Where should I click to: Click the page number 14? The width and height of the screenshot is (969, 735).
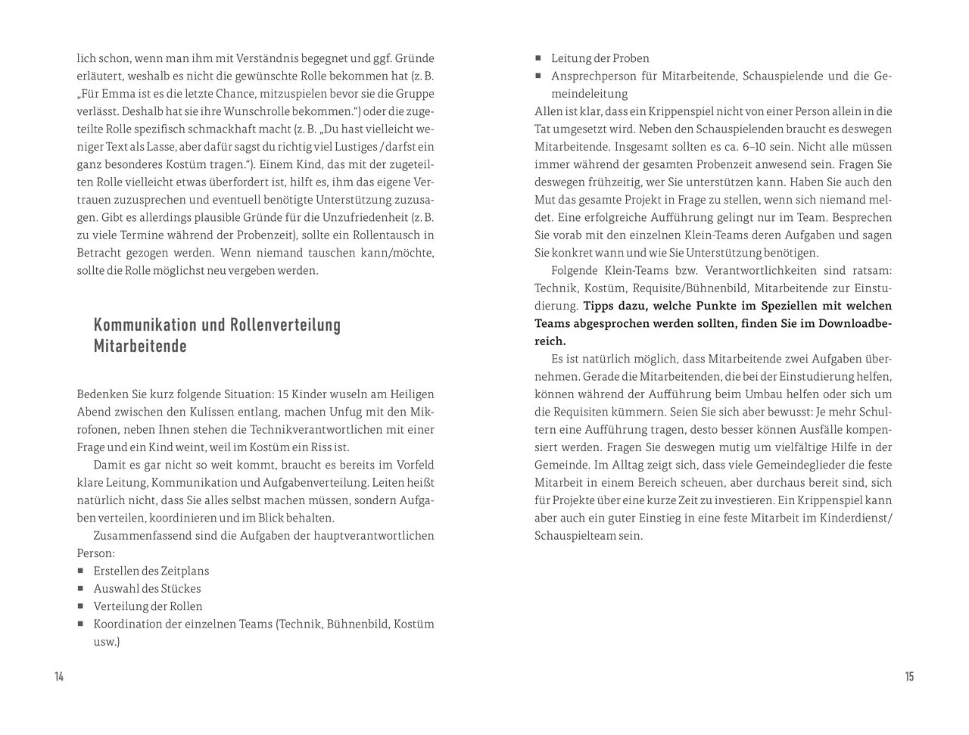59,677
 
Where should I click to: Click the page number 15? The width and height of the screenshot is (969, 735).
909,677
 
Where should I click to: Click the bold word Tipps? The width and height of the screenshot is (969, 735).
599,306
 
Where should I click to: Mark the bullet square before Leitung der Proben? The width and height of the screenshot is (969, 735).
538,58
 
